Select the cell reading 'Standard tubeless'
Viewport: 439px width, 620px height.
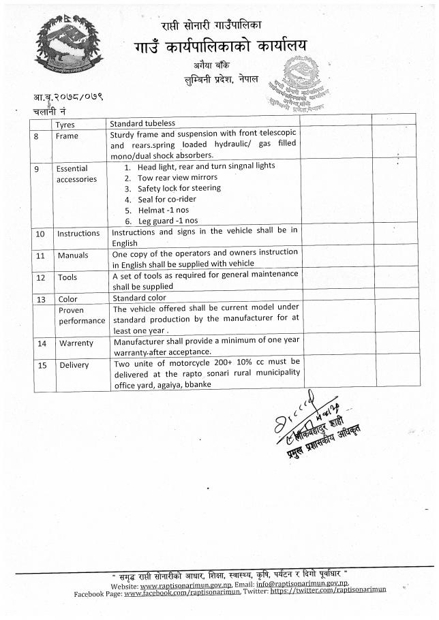coord(142,124)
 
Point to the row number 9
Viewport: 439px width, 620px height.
coord(36,169)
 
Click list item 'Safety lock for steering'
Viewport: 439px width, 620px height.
coord(179,188)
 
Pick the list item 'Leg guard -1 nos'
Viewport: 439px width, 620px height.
coord(168,221)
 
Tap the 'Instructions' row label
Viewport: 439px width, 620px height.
coord(78,234)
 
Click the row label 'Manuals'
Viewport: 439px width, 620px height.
coord(73,256)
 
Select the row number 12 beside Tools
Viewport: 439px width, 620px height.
coord(40,278)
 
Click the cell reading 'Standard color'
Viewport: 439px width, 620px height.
coord(139,298)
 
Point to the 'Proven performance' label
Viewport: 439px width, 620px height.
coord(81,315)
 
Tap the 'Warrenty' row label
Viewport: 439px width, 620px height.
coord(76,343)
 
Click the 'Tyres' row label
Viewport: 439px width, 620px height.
coord(65,125)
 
